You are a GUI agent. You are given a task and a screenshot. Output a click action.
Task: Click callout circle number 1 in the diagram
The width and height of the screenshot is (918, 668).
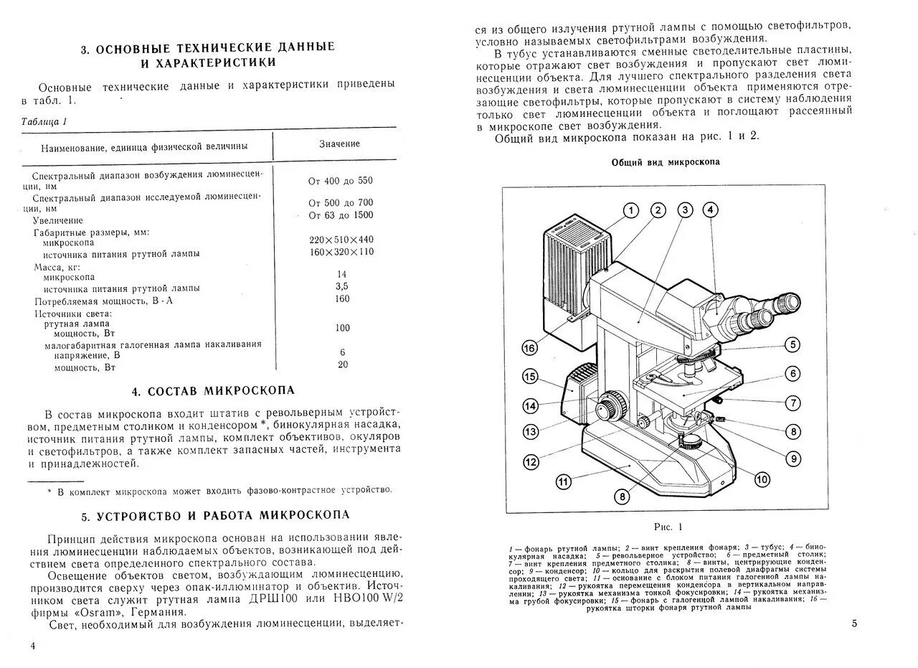click(630, 210)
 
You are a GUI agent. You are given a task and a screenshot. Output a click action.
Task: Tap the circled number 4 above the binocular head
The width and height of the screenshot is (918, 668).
click(709, 210)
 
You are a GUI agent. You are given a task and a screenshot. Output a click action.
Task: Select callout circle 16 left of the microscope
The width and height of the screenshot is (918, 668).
click(529, 348)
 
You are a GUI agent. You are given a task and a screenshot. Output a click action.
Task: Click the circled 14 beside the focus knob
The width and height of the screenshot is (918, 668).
click(530, 406)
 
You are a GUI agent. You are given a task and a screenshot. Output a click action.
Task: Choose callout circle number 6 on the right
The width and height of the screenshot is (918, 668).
click(792, 373)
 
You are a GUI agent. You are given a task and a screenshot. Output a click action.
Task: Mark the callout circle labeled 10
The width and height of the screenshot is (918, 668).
click(762, 479)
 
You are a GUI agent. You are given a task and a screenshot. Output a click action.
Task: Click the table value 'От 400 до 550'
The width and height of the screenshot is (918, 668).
click(341, 181)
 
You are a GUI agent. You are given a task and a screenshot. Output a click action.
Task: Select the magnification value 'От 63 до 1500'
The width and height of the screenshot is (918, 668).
click(341, 215)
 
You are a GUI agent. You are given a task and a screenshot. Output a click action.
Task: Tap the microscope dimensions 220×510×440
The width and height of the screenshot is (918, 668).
click(341, 239)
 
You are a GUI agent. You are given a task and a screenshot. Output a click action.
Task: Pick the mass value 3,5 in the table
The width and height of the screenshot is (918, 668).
click(341, 286)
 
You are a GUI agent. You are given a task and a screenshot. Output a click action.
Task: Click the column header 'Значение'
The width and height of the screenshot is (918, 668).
click(339, 144)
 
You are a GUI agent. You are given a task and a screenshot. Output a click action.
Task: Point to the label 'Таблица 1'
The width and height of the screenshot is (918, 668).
click(44, 121)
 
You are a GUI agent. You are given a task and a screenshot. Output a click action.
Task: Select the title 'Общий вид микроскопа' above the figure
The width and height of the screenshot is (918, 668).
click(665, 162)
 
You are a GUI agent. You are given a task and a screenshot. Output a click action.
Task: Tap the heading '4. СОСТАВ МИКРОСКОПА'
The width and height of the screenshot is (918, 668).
click(213, 391)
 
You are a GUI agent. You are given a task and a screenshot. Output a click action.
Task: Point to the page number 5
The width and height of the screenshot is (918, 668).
click(854, 624)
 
